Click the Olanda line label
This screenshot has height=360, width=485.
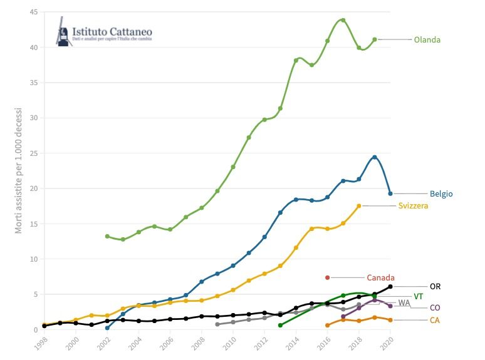coord(427,40)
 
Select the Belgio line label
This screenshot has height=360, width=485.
coord(441,194)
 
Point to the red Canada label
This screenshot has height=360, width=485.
coord(380,277)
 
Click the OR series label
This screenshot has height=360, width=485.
coord(435,286)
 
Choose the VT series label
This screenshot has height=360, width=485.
coord(419,296)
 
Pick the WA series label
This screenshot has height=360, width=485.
coord(404,302)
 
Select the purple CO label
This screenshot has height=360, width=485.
coord(434,308)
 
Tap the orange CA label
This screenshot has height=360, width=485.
coord(434,321)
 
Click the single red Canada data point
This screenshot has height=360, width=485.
coord(327,277)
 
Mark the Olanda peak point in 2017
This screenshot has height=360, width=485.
coord(343,20)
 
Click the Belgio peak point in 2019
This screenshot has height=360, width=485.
coord(374,157)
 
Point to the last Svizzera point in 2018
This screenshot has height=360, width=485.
coord(359,205)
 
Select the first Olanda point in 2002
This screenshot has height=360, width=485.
coord(107,236)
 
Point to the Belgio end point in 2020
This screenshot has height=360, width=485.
coord(390,193)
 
